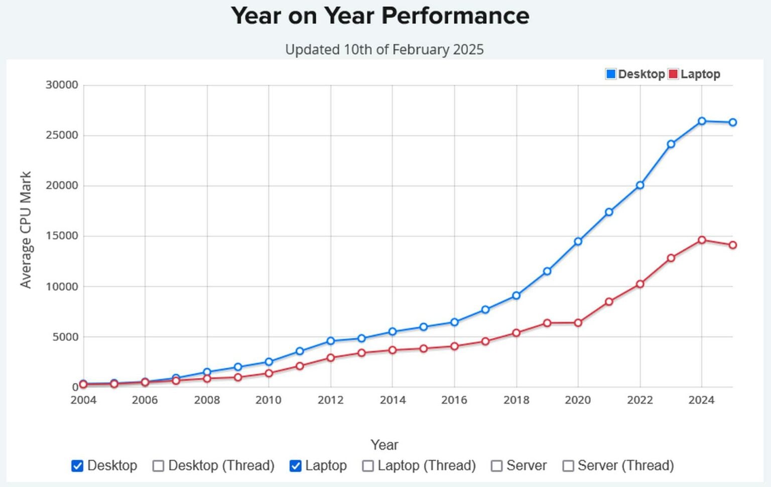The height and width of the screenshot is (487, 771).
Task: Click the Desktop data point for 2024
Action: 702,121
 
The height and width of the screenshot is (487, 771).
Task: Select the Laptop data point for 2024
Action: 702,240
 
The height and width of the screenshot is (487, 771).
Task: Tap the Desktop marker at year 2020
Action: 578,241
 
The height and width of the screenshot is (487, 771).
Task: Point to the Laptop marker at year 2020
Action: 578,323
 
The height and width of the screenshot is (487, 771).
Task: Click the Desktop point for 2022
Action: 640,185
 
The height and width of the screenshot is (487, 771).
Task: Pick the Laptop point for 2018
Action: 516,333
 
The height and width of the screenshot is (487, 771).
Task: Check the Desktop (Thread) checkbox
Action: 158,466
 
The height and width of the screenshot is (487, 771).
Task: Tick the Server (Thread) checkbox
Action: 568,466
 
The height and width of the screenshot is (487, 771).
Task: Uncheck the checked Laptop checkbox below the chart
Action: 296,466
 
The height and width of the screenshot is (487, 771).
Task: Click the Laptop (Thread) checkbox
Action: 368,466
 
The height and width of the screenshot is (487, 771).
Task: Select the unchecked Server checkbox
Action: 496,466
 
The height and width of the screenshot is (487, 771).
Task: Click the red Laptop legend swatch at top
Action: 673,74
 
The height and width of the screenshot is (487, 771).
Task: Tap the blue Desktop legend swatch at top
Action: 611,74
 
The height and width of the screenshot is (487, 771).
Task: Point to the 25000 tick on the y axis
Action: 62,135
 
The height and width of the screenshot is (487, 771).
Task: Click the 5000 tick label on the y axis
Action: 65,337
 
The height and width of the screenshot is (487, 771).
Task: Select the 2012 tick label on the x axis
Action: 330,400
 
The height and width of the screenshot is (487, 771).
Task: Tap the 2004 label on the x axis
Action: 83,400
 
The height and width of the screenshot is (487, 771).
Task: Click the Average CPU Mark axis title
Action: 26,230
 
